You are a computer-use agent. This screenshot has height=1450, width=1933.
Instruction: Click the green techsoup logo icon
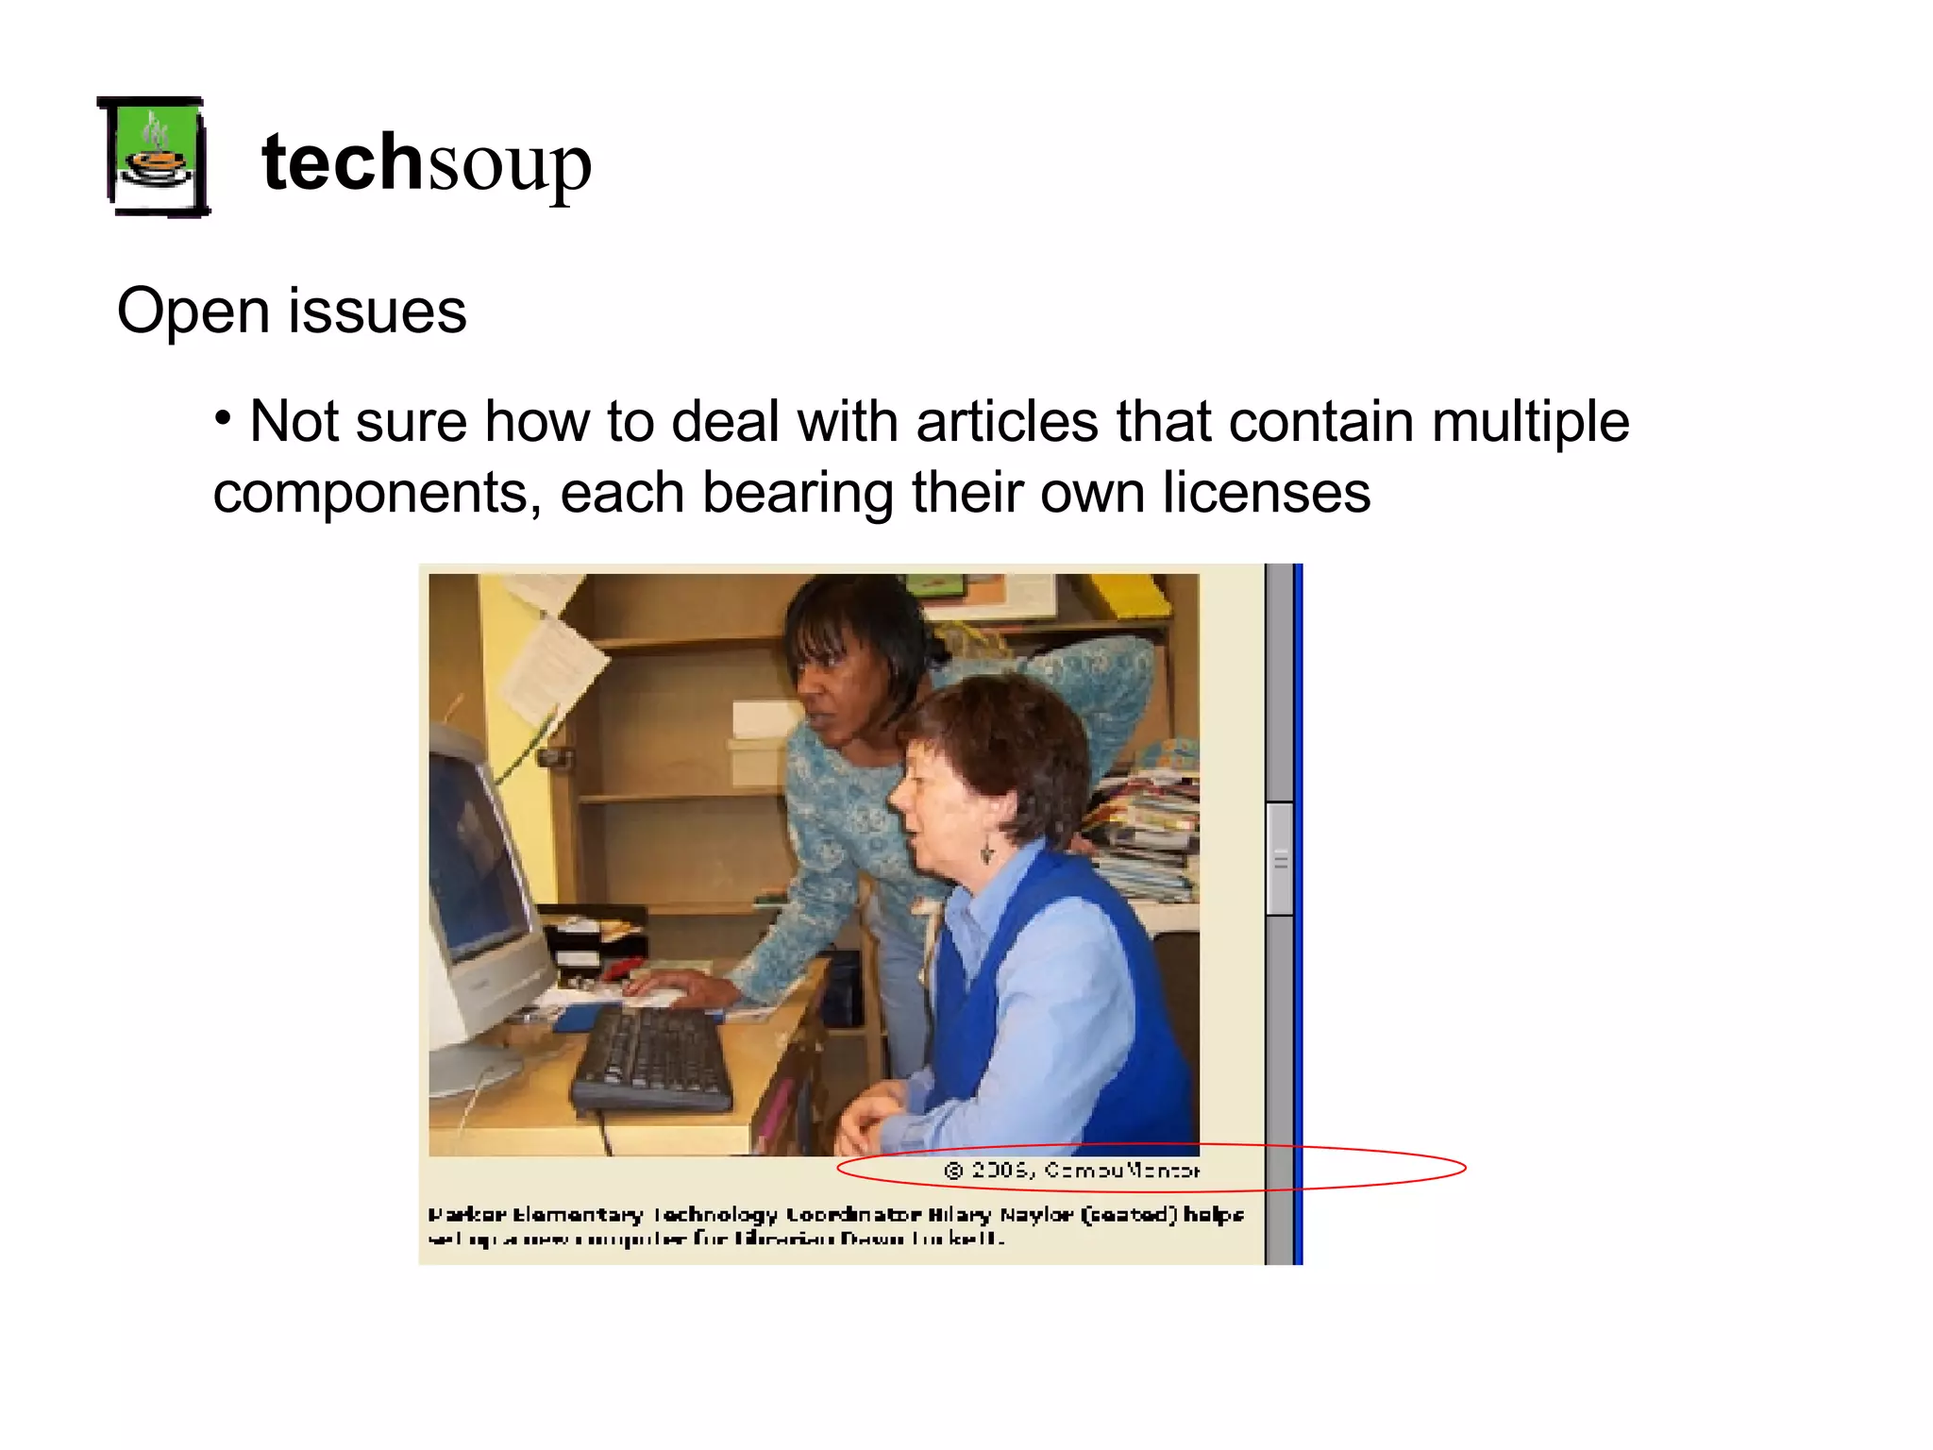155,158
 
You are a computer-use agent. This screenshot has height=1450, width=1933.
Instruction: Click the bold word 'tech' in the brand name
342,162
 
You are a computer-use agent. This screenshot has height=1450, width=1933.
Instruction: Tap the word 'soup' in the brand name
509,166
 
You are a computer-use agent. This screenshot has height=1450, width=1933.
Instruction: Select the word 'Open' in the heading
194,312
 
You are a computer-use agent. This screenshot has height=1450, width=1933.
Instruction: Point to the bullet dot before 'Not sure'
223,417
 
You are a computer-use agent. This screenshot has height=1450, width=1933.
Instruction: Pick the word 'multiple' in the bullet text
1530,421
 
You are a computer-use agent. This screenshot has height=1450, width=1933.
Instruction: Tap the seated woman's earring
986,852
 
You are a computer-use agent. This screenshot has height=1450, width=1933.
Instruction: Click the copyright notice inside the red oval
1071,1171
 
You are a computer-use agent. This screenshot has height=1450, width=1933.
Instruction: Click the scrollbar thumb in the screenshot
1279,858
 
